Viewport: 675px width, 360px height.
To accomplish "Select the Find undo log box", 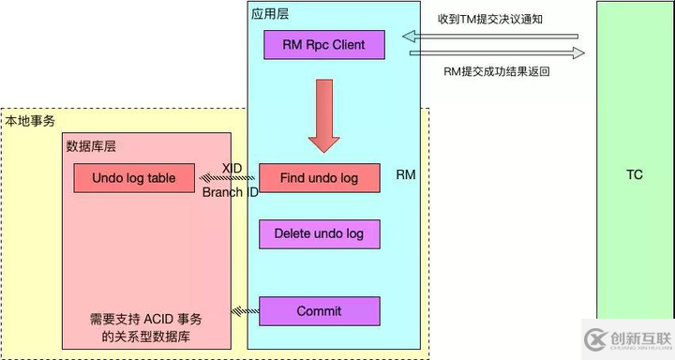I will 319,178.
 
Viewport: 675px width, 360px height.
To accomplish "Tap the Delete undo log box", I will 319,233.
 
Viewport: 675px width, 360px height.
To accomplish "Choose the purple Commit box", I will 319,310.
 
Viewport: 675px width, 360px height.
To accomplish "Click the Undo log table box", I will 132,178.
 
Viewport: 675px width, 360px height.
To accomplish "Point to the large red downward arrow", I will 325,116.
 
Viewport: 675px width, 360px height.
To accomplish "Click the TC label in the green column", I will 635,175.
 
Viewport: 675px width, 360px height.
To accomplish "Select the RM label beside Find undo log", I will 406,175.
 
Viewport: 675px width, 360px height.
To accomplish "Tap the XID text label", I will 232,167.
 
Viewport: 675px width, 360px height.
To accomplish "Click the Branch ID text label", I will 230,191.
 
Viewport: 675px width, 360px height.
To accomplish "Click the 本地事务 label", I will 30,121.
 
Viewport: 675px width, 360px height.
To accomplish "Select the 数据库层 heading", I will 91,146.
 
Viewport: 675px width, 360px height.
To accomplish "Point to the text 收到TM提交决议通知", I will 491,19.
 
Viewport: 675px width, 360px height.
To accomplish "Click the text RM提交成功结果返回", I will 495,70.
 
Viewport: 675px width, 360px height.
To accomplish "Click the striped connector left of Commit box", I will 246,310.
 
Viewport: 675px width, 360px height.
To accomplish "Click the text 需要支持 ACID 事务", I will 145,319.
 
